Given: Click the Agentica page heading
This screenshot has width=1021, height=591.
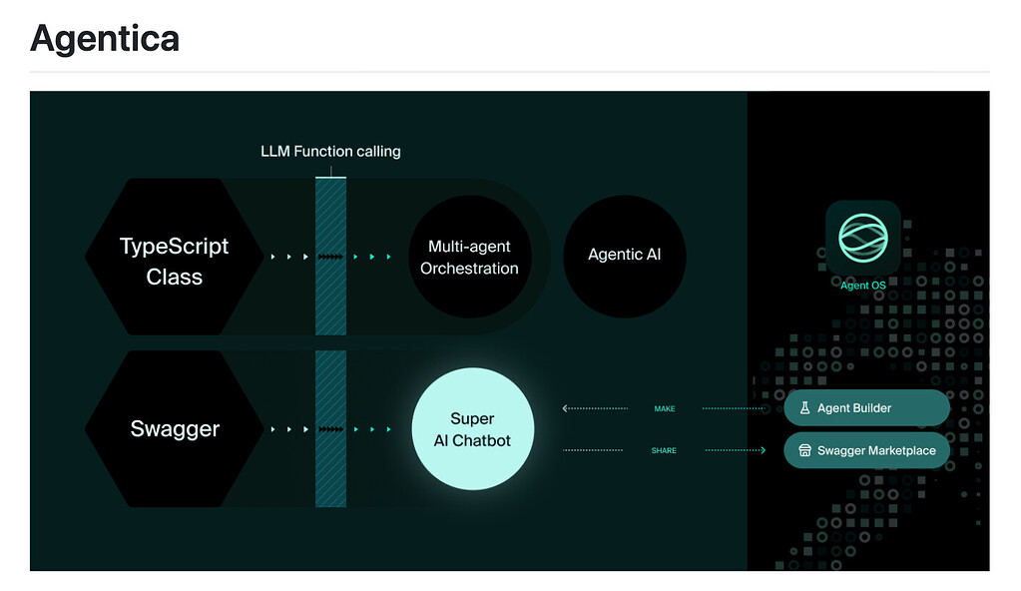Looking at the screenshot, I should (105, 38).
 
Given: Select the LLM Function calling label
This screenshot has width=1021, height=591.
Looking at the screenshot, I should (330, 152).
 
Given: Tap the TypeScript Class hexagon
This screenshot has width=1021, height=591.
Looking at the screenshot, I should (174, 261).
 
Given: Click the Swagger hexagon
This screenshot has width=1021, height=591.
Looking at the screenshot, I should (174, 429).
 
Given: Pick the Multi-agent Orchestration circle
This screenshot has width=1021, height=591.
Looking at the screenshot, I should (469, 257).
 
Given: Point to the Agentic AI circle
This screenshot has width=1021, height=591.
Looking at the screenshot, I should (624, 255).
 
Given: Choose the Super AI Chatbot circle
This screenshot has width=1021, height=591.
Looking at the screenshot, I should (472, 429).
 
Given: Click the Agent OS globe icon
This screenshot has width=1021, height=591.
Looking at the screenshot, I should (862, 238).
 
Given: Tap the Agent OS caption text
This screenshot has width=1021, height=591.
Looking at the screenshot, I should (862, 286).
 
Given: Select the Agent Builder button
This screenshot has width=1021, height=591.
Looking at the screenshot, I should (866, 408).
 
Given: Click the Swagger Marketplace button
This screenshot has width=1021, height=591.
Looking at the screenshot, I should (866, 450).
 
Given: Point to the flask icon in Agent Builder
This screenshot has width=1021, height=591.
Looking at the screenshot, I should (803, 408).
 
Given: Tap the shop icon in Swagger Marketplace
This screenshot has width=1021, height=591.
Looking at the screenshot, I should (803, 450).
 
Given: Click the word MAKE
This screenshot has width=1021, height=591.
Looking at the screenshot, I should (665, 408).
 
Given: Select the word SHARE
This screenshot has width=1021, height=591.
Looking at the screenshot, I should (664, 450).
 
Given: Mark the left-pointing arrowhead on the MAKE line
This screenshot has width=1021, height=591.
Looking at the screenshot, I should (566, 408).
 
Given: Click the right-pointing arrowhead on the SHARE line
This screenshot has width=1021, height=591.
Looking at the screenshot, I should (763, 450).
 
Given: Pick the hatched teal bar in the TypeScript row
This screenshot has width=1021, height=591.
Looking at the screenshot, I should (330, 257).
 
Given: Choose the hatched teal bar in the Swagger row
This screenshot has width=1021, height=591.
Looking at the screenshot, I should (330, 429).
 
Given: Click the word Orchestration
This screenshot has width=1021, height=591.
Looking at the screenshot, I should (469, 269).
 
